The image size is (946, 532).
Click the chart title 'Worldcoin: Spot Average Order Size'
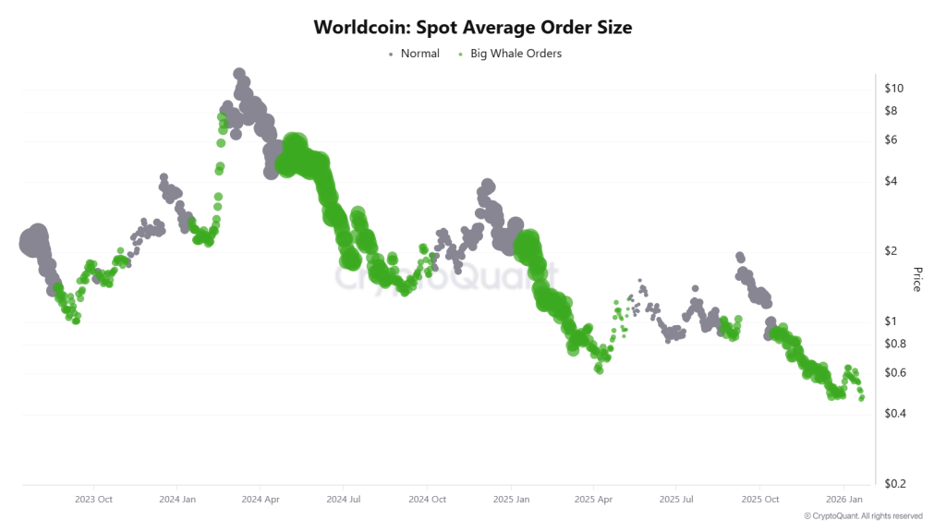473,27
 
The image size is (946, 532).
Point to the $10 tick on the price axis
893,89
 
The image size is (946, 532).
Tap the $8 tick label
891,111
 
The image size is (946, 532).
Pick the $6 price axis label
891,140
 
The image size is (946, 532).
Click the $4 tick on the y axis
891,181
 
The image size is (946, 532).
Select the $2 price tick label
891,251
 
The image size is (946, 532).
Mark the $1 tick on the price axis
891,321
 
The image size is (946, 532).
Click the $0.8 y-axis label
895,344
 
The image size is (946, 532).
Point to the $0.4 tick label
895,414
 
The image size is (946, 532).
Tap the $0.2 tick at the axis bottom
895,484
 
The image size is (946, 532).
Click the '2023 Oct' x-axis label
93,499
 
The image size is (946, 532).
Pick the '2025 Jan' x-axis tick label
510,499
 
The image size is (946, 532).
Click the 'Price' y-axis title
917,279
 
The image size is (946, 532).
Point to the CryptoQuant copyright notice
863,516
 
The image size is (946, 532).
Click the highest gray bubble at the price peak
239,74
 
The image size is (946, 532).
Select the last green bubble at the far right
862,397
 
